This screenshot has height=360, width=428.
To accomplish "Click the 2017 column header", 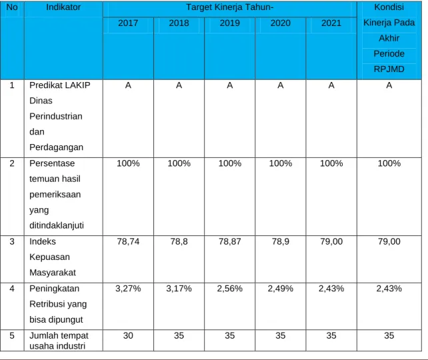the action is point(128,23).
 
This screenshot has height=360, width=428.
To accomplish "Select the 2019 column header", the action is point(229,23).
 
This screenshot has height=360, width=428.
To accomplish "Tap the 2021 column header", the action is point(331,23).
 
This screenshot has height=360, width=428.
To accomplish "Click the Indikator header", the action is point(63,7).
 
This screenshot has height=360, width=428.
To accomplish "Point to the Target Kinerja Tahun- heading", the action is point(229,7).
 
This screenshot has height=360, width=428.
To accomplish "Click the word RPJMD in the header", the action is point(389,69).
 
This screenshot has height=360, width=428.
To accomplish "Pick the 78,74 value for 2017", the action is point(128,241).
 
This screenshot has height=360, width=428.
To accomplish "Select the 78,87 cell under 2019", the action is point(229,241).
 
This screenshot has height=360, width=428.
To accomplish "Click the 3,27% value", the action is point(128,289).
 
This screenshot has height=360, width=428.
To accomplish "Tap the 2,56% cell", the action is point(229,289).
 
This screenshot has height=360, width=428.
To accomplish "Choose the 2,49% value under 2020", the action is point(280,289).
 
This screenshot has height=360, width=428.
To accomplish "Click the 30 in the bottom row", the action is point(128,335).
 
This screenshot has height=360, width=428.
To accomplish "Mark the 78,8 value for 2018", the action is point(179,241).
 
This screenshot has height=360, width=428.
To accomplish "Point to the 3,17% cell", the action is point(179,289).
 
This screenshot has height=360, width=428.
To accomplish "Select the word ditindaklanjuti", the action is point(57,226).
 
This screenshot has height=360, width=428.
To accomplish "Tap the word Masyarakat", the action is point(53,273).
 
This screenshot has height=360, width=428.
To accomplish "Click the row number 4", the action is point(12,289).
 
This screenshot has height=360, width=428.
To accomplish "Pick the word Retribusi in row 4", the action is point(48,304).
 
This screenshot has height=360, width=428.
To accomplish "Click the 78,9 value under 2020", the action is point(280,241).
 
